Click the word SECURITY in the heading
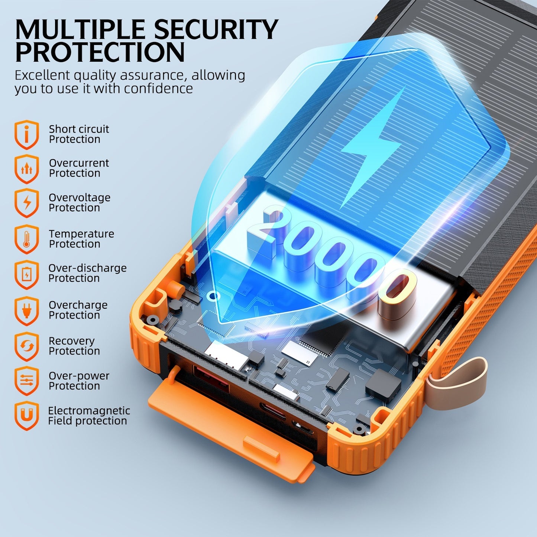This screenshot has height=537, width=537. click(x=216, y=29)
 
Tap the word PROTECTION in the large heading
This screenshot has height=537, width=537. click(x=100, y=52)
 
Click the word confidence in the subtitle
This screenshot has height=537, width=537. click(x=158, y=89)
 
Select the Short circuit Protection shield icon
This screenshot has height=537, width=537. click(x=27, y=135)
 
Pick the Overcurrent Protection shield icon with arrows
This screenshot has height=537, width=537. click(x=27, y=169)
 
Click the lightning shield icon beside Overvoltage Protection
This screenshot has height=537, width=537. click(x=27, y=203)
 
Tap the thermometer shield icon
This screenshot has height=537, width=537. click(x=27, y=239)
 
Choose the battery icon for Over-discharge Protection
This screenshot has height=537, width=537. click(x=27, y=275)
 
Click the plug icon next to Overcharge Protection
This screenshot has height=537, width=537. click(x=27, y=311)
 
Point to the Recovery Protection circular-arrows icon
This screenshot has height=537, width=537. click(x=27, y=347)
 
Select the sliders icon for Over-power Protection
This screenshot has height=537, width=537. click(x=27, y=381)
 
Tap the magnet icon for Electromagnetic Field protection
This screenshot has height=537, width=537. click(x=27, y=416)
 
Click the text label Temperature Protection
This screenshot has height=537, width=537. click(x=81, y=239)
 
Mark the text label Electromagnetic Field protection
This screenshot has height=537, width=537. click(x=89, y=415)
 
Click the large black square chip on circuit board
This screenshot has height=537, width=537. click(x=384, y=385)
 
